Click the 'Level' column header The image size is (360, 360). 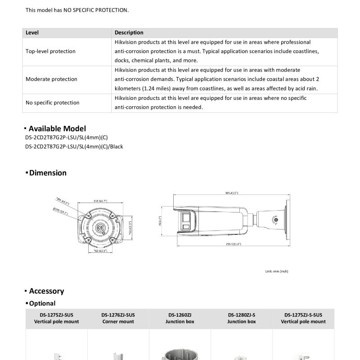tap(32, 32)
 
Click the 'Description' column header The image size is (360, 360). tap(129, 32)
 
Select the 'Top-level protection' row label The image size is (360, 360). tap(50, 51)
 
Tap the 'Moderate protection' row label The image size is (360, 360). tap(51, 79)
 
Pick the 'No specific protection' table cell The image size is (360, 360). tap(52, 103)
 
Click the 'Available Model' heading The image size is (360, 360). tap(57, 129)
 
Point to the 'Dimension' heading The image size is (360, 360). tap(48, 173)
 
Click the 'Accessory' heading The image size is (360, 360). tap(46, 291)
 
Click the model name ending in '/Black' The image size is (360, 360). tap(74, 146)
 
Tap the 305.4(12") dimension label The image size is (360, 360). tap(232, 193)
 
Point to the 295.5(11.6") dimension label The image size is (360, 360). tap(233, 244)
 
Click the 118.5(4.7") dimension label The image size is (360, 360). tap(100, 201)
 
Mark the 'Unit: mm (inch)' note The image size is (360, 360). tap(277, 271)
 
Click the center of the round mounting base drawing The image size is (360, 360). tap(100, 228)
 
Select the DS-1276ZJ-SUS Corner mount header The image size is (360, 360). tap(118, 318)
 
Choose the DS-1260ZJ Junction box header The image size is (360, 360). tap(180, 318)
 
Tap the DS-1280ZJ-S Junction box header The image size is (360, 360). tap(242, 318)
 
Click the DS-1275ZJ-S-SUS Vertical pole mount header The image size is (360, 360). tap(303, 318)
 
